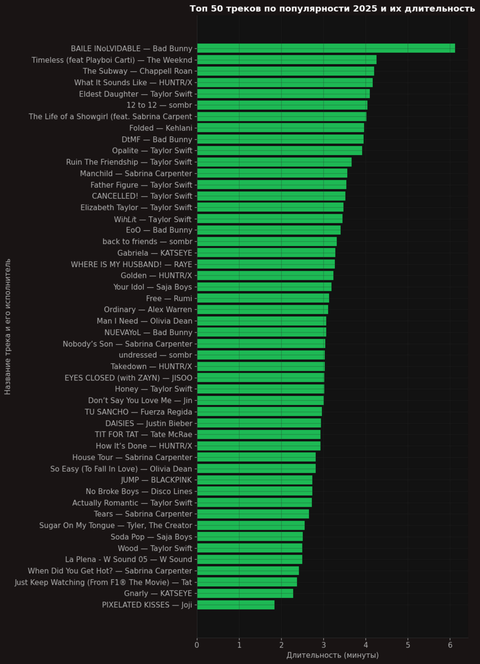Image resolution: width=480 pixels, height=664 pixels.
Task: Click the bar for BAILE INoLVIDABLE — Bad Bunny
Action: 326,48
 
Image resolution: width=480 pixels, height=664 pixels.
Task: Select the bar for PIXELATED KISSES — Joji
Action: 236,605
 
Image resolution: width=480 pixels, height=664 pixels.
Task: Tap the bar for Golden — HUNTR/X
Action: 265,276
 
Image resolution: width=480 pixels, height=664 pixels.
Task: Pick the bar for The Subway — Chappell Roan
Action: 285,71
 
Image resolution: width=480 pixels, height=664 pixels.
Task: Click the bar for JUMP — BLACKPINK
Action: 254,480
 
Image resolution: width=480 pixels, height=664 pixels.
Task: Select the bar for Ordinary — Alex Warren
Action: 262,310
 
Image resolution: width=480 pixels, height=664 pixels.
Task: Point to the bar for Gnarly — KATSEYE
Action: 245,594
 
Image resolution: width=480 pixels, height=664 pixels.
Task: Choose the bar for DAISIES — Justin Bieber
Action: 259,423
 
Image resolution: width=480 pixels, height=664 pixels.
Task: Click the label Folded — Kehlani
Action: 161,128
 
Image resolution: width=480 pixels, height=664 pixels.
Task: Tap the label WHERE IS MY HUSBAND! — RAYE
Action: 132,264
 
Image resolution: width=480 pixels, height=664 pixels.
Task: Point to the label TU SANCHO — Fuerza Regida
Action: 139,412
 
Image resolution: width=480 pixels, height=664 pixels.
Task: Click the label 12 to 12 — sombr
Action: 159,105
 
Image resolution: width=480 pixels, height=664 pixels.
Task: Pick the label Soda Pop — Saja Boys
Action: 151,537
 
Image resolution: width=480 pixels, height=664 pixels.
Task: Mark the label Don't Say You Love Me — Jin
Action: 140,401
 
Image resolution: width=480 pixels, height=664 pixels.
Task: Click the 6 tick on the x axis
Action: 450,645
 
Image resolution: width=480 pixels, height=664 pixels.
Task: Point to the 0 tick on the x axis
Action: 197,645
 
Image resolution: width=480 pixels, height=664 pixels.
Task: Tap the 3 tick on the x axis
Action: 324,645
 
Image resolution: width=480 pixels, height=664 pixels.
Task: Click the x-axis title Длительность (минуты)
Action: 332,655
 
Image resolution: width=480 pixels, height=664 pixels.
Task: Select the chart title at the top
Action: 332,9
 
